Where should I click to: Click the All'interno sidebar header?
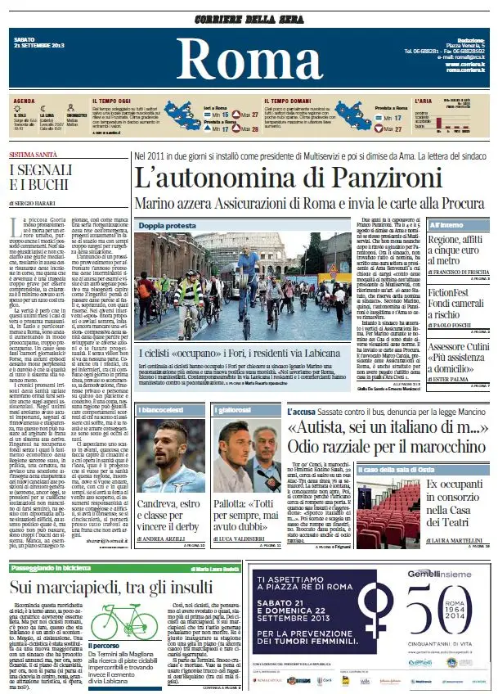pos(446,223)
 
